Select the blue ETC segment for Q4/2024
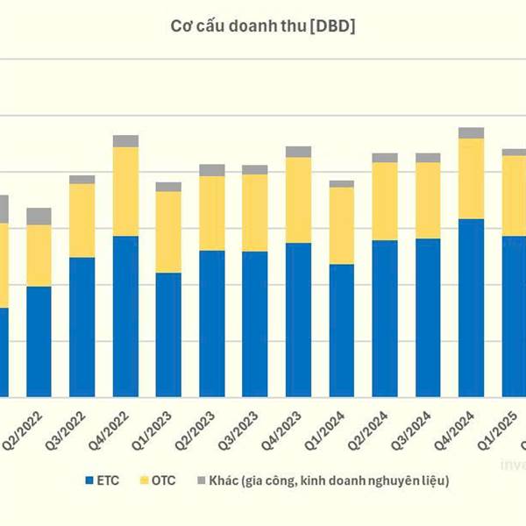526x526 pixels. pos(471,307)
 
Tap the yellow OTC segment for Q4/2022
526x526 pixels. pos(125,191)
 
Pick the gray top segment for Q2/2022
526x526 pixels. pos(39,217)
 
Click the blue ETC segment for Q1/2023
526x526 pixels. pos(168,334)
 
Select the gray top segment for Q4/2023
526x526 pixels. pos(298,152)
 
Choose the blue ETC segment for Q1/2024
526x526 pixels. pos(341,330)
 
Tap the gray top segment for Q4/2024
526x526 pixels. pos(471,133)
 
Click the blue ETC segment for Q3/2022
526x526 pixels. pos(82,326)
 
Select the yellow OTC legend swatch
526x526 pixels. pos(145,480)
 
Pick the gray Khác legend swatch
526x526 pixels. pos(202,480)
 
